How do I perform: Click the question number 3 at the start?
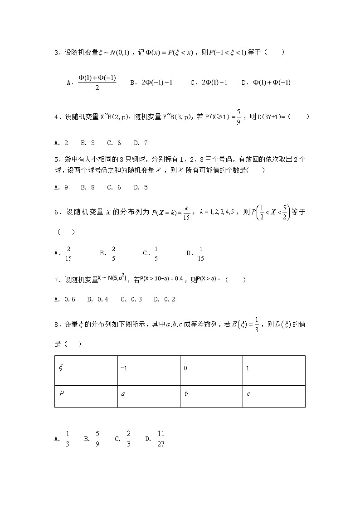coord(56,53)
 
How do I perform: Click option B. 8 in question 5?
coord(88,187)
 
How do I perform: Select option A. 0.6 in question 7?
coord(64,299)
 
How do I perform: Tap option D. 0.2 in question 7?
coord(164,299)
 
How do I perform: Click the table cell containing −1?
coord(148,370)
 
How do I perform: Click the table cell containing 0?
coord(211,370)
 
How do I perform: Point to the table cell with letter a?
coord(148,396)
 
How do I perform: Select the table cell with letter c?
coord(273,396)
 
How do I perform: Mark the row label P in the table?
coord(86,396)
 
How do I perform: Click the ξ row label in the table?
coord(86,370)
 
